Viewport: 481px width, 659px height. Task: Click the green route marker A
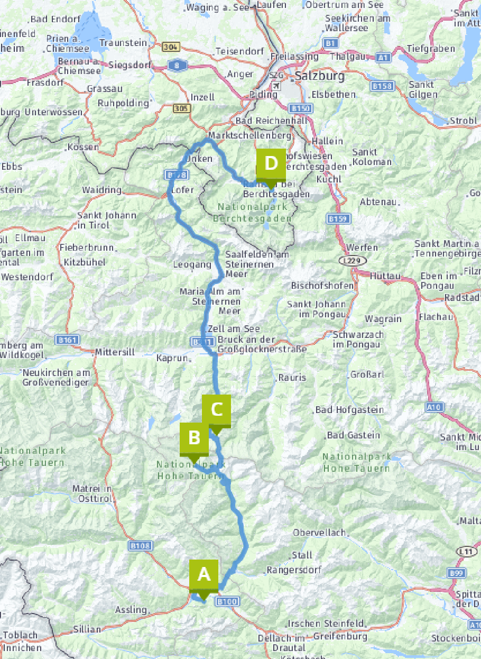click(204, 575)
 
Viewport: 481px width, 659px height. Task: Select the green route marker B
click(194, 438)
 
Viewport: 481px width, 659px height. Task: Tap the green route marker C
click(216, 410)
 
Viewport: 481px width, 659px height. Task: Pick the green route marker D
click(271, 164)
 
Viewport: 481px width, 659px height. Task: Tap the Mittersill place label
click(115, 352)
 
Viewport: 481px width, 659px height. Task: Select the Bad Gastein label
click(354, 435)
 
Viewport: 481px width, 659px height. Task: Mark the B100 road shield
click(228, 601)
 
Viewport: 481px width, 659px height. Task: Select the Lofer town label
click(183, 190)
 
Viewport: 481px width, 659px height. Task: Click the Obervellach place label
click(319, 533)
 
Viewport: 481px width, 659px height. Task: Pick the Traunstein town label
click(123, 43)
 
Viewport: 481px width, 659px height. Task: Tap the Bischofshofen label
click(322, 286)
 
